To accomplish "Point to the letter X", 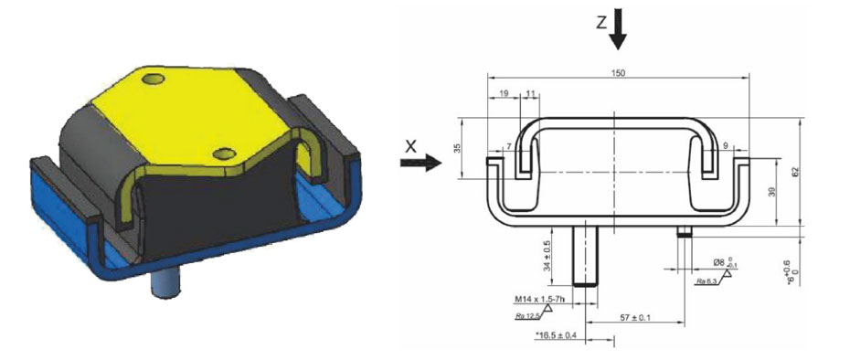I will (411, 145).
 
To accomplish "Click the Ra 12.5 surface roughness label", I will (526, 315).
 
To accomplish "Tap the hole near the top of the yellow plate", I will (154, 81).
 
